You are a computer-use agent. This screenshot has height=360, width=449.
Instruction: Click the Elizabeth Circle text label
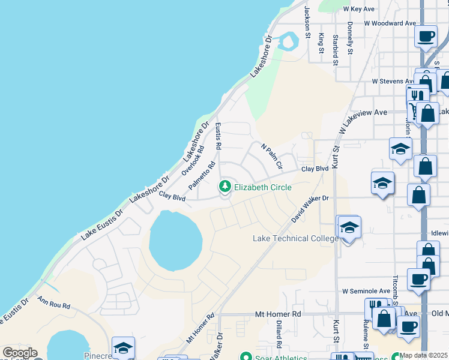click(262, 187)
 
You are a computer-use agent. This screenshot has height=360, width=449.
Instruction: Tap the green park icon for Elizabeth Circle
click(226, 187)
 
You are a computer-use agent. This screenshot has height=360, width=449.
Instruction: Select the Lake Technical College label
click(296, 238)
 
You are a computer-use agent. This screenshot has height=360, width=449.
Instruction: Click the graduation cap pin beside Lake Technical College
click(349, 228)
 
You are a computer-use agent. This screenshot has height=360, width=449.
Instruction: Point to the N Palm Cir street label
click(271, 155)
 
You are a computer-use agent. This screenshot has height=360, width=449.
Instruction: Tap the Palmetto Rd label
click(202, 176)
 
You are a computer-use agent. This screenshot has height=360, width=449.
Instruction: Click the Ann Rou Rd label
click(53, 302)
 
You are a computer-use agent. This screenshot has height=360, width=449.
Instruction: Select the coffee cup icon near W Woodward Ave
click(426, 36)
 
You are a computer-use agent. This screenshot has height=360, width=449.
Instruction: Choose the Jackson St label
click(307, 22)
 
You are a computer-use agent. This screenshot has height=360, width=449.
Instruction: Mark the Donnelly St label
click(350, 37)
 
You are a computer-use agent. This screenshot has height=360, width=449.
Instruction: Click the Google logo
click(20, 353)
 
